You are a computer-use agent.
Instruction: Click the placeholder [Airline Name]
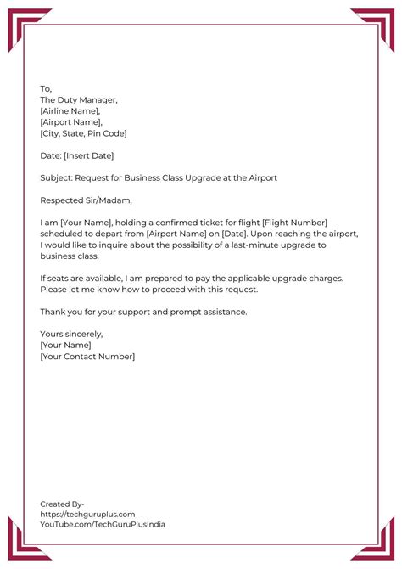[70, 111]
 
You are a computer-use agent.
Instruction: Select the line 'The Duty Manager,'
[79, 100]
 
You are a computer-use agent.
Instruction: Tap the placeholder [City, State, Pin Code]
[83, 133]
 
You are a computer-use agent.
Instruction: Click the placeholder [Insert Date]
[88, 155]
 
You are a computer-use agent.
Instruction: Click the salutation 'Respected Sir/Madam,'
[86, 200]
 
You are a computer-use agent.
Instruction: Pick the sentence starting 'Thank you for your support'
[143, 312]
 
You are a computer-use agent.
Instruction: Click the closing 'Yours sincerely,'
[71, 334]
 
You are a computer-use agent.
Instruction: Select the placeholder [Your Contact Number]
[87, 357]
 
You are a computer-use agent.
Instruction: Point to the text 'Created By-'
[62, 504]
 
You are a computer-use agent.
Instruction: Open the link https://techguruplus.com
[87, 514]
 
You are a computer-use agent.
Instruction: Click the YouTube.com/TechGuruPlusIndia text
[103, 525]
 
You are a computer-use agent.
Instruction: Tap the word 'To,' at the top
[46, 89]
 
